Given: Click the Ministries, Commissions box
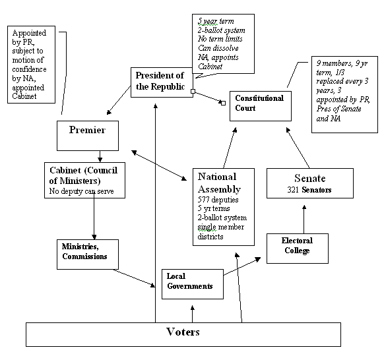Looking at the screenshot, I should [86, 252].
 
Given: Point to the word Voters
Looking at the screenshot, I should [183, 332].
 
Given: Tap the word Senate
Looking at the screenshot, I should [305, 179].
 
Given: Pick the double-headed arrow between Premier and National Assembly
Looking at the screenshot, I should [160, 165].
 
